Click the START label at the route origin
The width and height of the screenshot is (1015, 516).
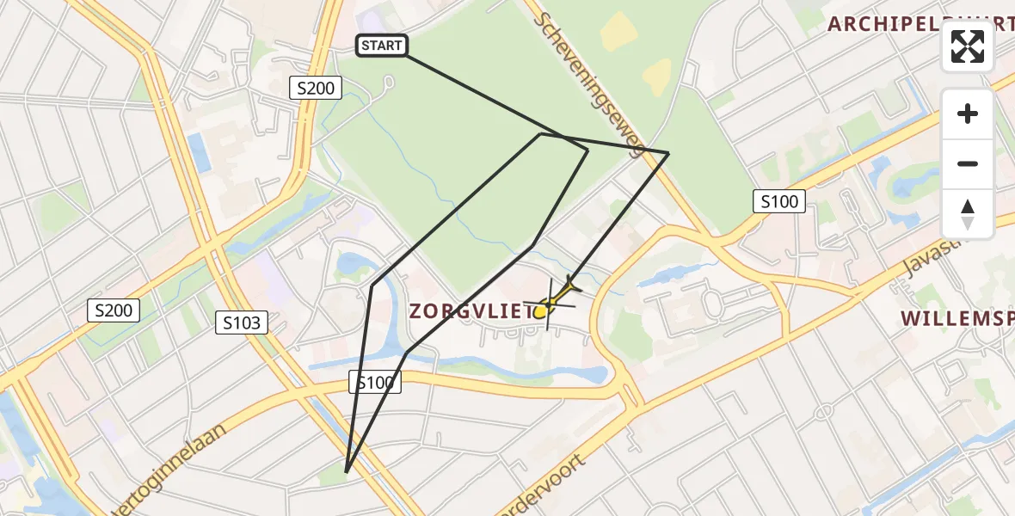[x=382, y=46]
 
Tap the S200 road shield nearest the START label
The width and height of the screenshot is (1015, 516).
[x=316, y=87]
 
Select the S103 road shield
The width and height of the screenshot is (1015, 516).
[x=241, y=322]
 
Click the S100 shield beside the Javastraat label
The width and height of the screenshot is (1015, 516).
[x=779, y=202]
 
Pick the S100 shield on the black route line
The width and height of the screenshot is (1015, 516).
[x=376, y=383]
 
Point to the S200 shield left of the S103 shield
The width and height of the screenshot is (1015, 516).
[x=114, y=310]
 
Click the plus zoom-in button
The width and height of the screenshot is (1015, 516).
[x=968, y=114]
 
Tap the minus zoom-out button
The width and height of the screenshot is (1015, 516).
[x=968, y=163]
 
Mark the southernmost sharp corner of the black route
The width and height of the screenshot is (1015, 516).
[x=347, y=471]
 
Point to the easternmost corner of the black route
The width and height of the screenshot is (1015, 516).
[x=668, y=153]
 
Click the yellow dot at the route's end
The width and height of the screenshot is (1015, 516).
[x=539, y=312]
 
